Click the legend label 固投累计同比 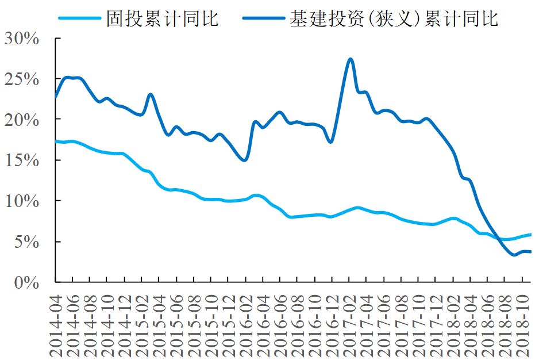pyautogui.click(x=163, y=20)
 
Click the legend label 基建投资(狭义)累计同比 pyautogui.click(x=394, y=20)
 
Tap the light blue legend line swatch pyautogui.click(x=79, y=20)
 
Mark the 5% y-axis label pyautogui.click(x=26, y=242)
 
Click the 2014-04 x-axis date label pyautogui.click(x=56, y=320)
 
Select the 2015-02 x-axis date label pyautogui.click(x=143, y=320)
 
